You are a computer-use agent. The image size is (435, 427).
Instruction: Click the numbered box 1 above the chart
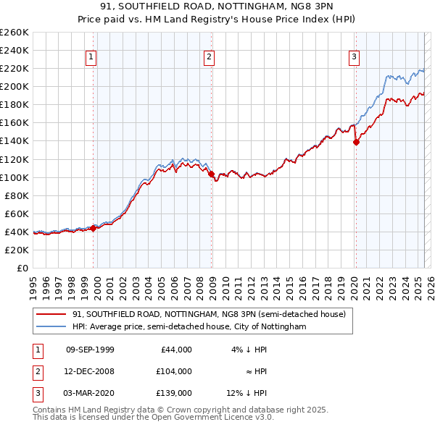92,58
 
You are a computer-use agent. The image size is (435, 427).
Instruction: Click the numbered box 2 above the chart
209,58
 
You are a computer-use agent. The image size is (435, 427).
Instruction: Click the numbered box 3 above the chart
354,58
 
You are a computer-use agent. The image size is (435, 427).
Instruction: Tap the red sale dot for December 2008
211,174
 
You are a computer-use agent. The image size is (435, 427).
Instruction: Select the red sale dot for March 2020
356,142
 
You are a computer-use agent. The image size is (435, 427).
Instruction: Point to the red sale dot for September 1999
94,228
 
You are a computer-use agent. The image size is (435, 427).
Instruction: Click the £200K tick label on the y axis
14,86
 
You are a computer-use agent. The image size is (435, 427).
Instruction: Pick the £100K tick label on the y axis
14,177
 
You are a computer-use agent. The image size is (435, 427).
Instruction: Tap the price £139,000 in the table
174,393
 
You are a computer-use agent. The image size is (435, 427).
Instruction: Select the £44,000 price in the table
176,350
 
